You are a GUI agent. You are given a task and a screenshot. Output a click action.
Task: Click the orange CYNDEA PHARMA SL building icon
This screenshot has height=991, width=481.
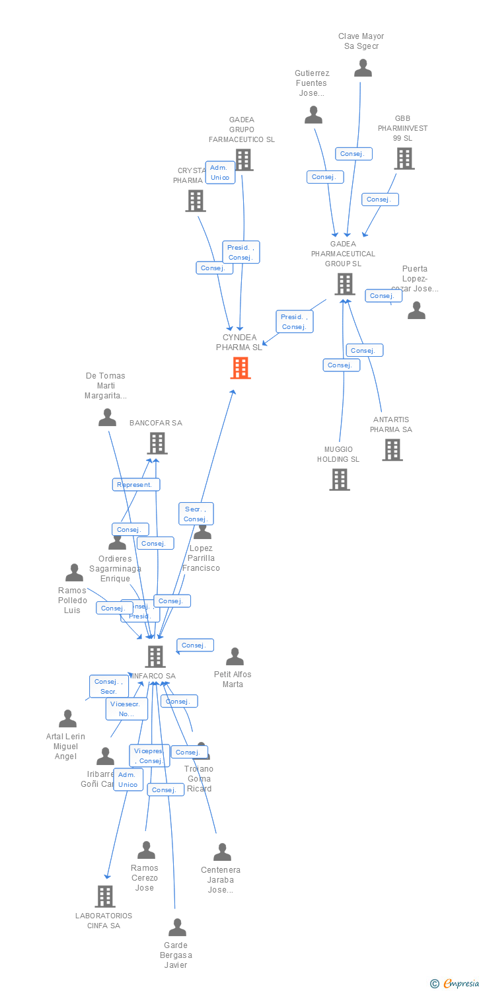pyautogui.click(x=240, y=368)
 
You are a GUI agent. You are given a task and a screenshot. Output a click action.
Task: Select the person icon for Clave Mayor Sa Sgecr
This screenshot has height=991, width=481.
pyautogui.click(x=363, y=68)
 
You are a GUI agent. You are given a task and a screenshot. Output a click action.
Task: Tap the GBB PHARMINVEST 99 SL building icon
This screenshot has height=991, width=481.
pyautogui.click(x=404, y=159)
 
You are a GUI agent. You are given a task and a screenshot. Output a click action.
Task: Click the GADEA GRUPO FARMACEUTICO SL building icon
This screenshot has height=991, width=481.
pyautogui.click(x=243, y=160)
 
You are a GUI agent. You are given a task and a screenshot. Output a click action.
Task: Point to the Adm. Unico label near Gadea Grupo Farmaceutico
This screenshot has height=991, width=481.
pyautogui.click(x=220, y=172)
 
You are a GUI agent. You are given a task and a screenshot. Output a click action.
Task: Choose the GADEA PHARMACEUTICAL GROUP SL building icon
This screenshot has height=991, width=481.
pyautogui.click(x=344, y=284)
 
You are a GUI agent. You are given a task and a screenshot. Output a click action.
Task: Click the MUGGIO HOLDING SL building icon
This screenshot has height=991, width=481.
pyautogui.click(x=340, y=480)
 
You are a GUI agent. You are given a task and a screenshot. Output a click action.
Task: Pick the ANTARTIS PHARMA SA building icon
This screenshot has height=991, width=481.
pyautogui.click(x=392, y=450)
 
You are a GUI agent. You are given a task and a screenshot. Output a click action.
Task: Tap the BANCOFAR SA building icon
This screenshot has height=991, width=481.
pyautogui.click(x=157, y=443)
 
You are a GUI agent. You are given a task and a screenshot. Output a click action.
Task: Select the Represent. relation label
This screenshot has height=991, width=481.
pyautogui.click(x=136, y=484)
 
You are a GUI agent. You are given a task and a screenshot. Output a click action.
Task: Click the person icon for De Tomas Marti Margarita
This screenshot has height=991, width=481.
pyautogui.click(x=107, y=418)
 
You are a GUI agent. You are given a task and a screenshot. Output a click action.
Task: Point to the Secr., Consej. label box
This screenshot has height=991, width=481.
pyautogui.click(x=196, y=514)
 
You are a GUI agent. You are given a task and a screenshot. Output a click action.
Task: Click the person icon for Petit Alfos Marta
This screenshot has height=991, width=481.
pyautogui.click(x=235, y=657)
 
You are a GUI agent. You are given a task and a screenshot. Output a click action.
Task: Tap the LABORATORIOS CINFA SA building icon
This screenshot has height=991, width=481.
pyautogui.click(x=105, y=897)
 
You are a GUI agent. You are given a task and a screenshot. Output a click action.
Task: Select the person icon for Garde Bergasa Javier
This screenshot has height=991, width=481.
pyautogui.click(x=177, y=928)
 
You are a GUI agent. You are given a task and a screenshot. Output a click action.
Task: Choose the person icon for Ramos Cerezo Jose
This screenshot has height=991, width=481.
pyautogui.click(x=146, y=850)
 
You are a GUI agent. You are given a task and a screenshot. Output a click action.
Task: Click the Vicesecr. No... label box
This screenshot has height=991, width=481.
pyautogui.click(x=127, y=709)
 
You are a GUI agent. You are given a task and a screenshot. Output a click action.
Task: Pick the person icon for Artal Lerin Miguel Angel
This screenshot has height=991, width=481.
pyautogui.click(x=67, y=719)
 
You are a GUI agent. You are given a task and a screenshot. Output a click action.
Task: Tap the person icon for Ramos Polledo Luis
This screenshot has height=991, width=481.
pyautogui.click(x=74, y=573)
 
